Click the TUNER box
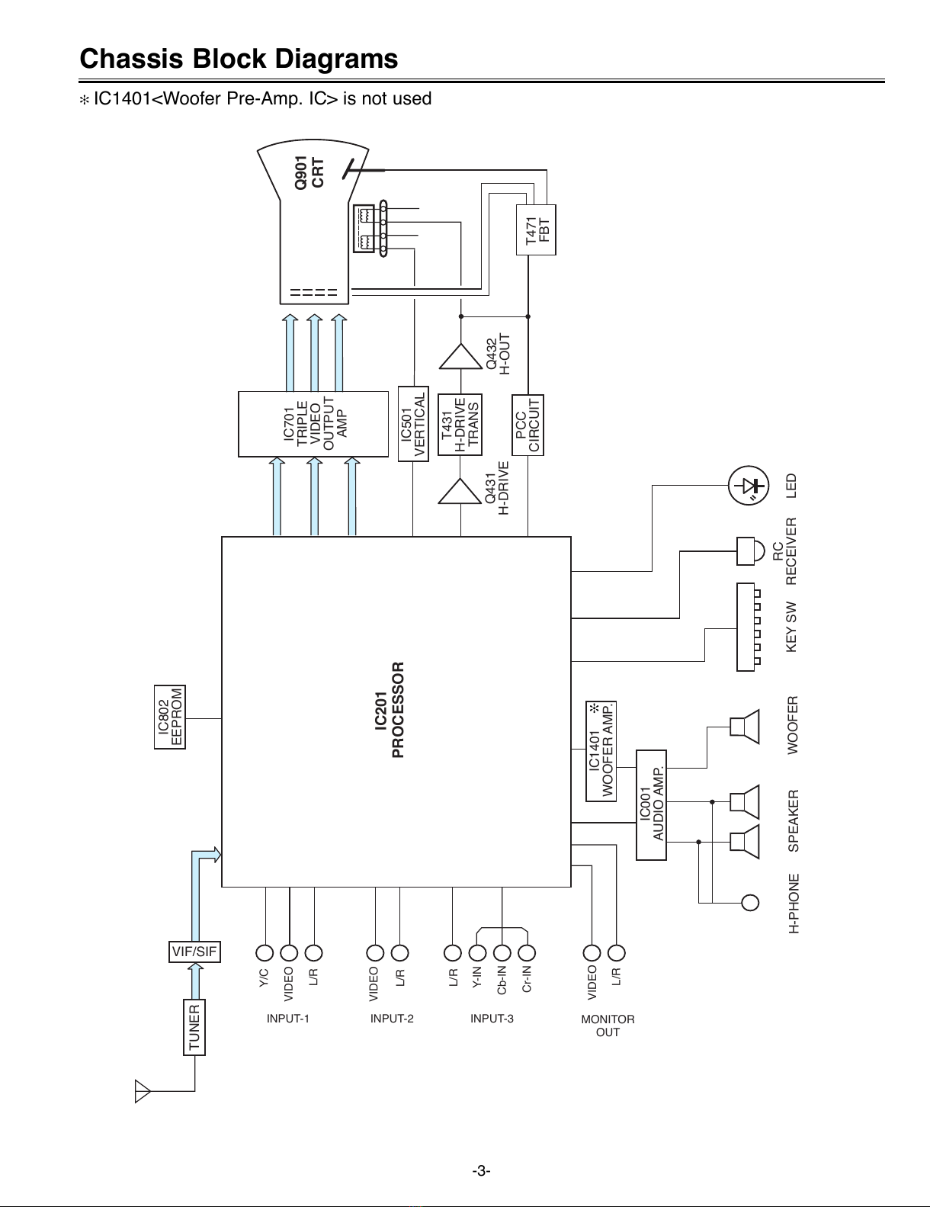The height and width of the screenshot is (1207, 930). tap(194, 1027)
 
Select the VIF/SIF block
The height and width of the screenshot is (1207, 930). tap(194, 952)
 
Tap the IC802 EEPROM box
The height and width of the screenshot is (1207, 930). tap(170, 717)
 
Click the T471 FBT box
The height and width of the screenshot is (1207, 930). tap(536, 230)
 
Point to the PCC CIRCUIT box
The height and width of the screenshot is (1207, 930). tap(528, 425)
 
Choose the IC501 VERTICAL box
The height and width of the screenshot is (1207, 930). tap(413, 424)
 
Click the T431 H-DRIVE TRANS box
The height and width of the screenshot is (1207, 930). tap(460, 425)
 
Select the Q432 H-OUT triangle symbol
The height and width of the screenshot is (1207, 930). tap(461, 356)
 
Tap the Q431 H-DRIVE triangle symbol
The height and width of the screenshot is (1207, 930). tap(460, 491)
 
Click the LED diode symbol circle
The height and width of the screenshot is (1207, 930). tap(749, 486)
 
